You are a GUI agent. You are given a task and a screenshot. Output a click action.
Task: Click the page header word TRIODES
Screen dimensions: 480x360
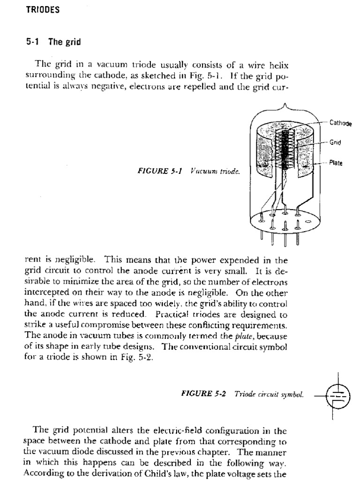click(x=43, y=10)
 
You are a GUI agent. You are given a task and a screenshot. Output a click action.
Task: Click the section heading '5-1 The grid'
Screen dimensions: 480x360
click(x=53, y=42)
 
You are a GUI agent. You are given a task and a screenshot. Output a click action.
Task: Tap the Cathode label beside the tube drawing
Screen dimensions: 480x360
click(x=340, y=123)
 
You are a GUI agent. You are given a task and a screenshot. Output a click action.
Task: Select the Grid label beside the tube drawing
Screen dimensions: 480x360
click(x=335, y=142)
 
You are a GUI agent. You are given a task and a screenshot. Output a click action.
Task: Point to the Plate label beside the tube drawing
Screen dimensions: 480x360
click(x=336, y=163)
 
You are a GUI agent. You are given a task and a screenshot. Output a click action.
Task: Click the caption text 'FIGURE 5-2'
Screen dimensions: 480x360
click(x=203, y=394)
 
